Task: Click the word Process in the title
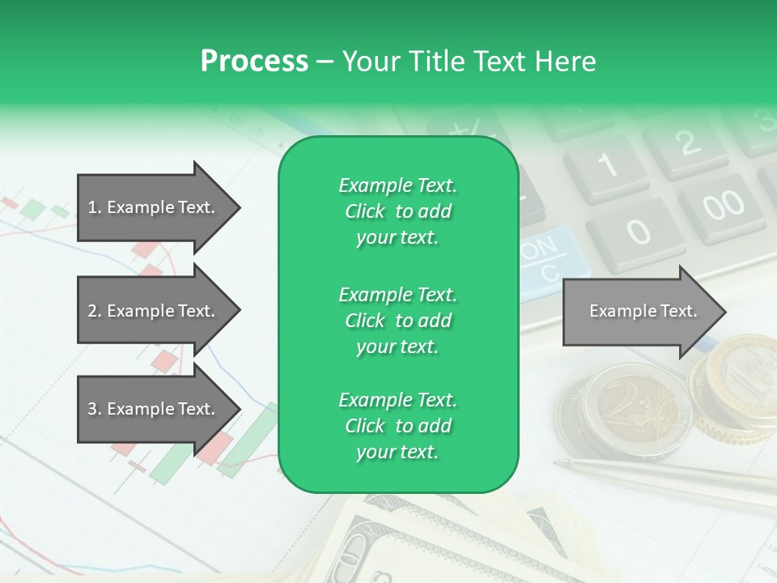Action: (254, 62)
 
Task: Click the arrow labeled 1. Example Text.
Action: (154, 207)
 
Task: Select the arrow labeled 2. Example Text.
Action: (154, 311)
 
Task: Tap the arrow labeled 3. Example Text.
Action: (154, 409)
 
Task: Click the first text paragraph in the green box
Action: (397, 211)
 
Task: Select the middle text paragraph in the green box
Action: (397, 321)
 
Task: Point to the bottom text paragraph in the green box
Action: (397, 426)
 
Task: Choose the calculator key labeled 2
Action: (687, 144)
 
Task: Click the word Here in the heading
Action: (566, 62)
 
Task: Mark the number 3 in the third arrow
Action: (92, 409)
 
